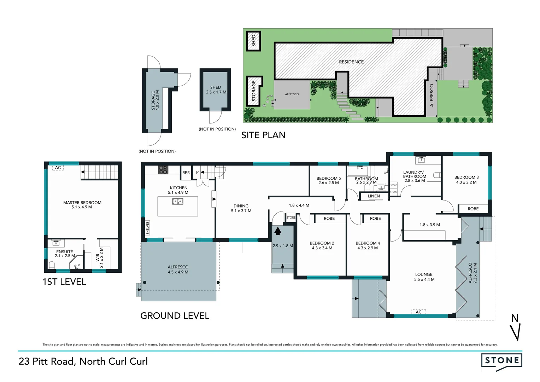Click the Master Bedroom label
click(82, 204)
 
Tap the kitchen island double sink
click(177, 202)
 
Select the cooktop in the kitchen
click(163, 170)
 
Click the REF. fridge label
click(186, 173)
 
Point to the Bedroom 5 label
click(328, 180)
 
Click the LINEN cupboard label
click(374, 196)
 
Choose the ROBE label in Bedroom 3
click(473, 209)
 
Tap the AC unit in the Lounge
click(418, 312)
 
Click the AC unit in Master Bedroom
click(58, 168)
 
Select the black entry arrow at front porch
click(278, 231)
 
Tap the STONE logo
click(501, 361)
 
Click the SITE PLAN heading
click(263, 135)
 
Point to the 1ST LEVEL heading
click(64, 282)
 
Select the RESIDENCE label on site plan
click(351, 62)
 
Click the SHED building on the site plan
click(253, 41)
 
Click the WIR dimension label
click(100, 257)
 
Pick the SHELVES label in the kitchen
click(147, 228)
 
